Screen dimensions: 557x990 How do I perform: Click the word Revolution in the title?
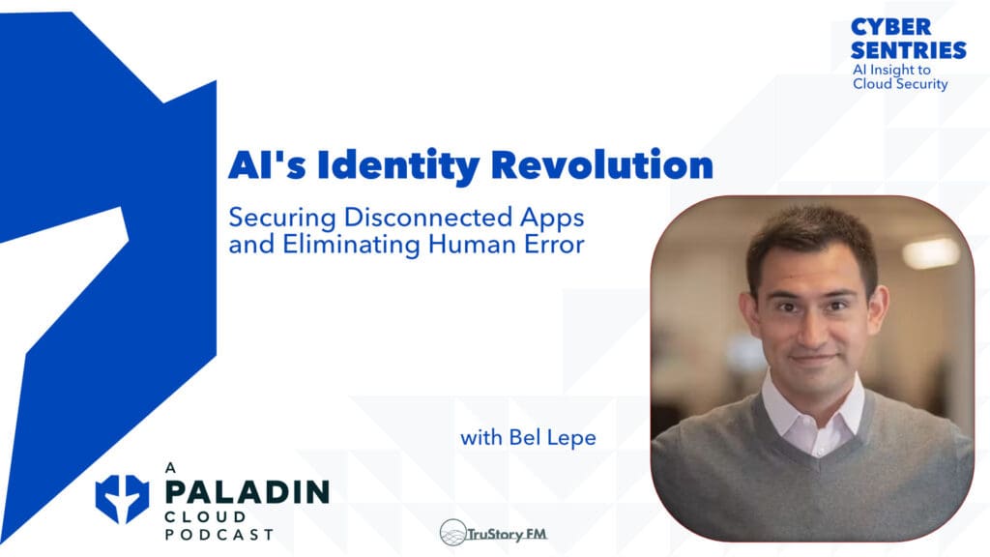(601, 165)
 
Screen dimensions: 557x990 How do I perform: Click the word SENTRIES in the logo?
(909, 49)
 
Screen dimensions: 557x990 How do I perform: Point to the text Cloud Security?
(900, 84)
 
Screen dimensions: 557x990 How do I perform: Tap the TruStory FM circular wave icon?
(452, 532)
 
